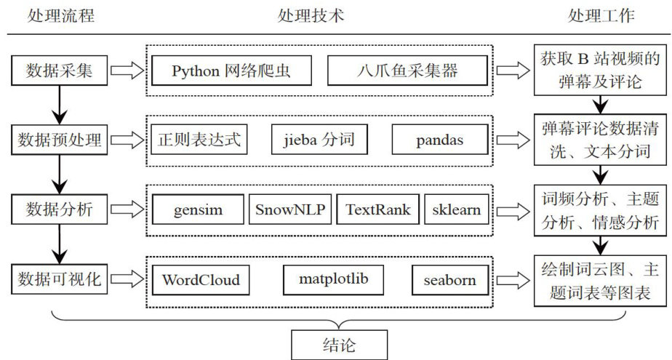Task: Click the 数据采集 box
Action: [x=60, y=71]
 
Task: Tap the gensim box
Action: [x=198, y=210]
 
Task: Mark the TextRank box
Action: [x=377, y=210]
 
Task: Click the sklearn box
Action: [x=455, y=210]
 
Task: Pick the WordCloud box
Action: [x=201, y=279]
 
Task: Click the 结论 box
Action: [x=339, y=344]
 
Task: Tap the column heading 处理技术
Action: [x=311, y=15]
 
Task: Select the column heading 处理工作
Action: [x=601, y=15]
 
